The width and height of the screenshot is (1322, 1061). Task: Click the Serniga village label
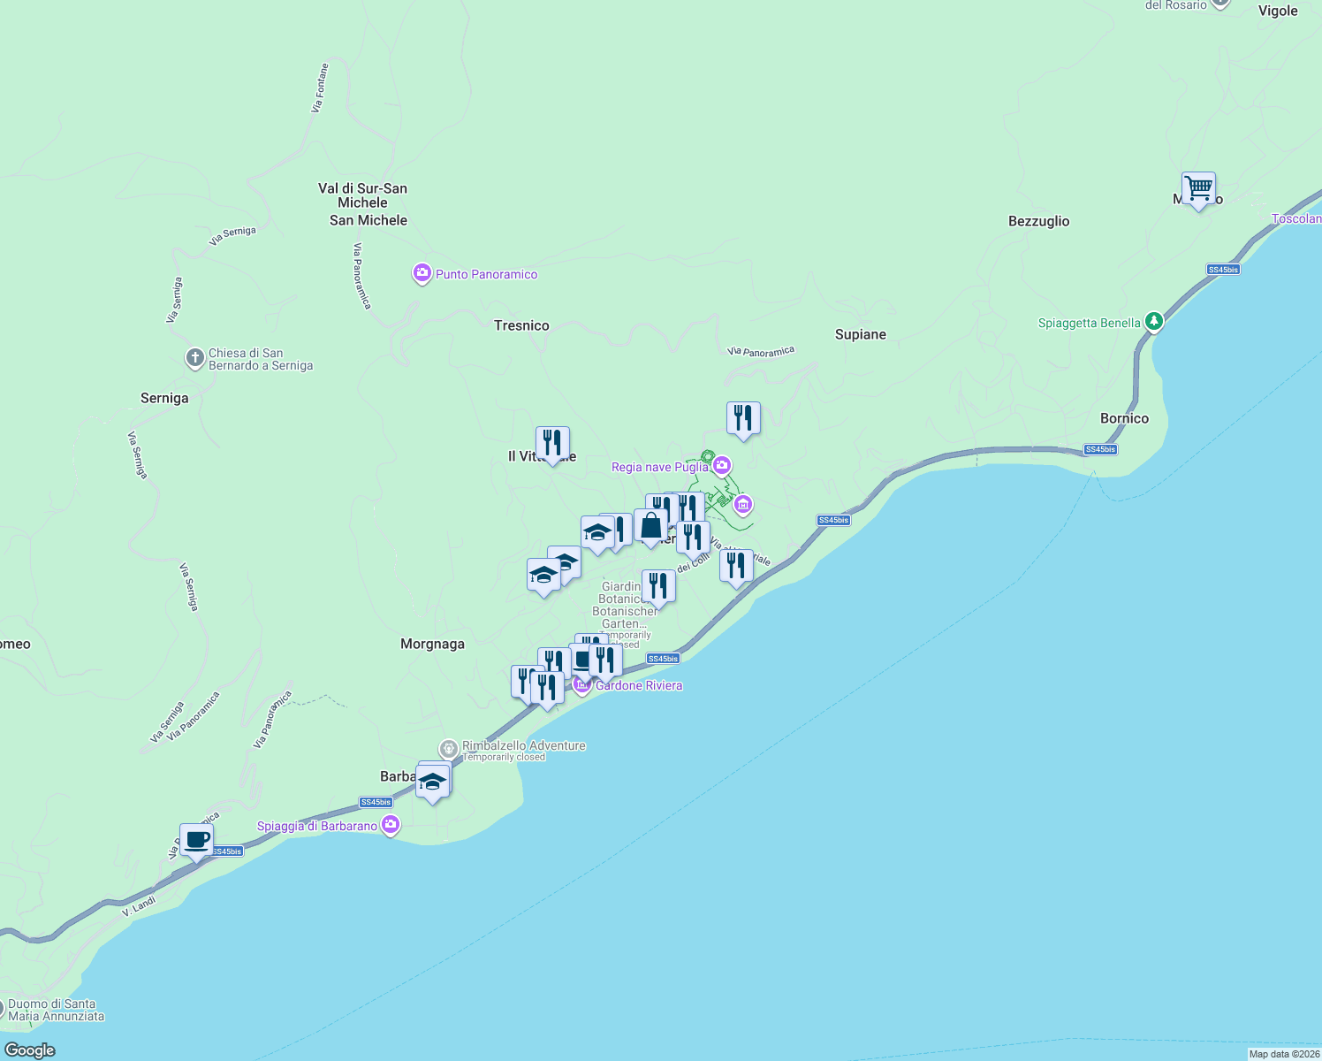[x=164, y=398]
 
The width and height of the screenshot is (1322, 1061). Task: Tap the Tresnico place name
[x=521, y=325]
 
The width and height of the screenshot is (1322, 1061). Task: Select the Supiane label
[x=860, y=334]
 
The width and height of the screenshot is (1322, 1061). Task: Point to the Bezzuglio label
[x=1038, y=221]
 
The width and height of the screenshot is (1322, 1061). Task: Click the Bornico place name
[x=1124, y=418]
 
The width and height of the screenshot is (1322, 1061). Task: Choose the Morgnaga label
[x=432, y=644]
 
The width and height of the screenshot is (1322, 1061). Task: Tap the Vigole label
[x=1278, y=11]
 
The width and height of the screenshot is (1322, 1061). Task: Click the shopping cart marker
[x=1198, y=188]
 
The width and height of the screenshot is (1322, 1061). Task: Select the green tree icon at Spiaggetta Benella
[x=1153, y=322]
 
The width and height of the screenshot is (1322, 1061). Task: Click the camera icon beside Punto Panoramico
[x=422, y=273]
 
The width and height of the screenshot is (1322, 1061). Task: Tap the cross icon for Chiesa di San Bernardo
[x=194, y=358]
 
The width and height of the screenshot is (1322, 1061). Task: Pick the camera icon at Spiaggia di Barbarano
[x=391, y=825]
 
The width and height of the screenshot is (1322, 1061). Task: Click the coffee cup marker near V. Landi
[x=196, y=840]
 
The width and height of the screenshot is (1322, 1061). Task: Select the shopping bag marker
[x=650, y=525]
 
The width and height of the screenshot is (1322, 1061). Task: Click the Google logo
[x=30, y=1050]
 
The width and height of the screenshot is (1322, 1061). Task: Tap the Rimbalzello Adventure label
[x=523, y=745]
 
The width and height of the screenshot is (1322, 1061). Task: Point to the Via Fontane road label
[x=320, y=88]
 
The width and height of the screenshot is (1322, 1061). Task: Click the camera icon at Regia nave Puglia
[x=722, y=465]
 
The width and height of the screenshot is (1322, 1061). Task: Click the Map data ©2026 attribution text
[x=1284, y=1054]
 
